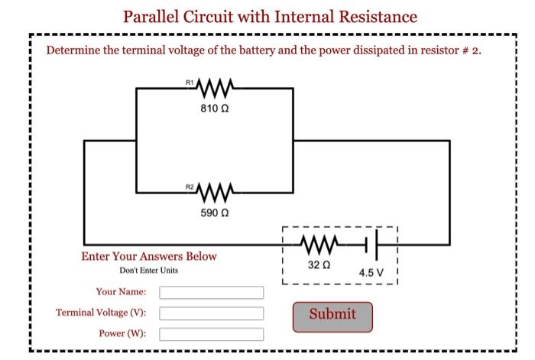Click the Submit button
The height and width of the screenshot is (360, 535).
pos(332,315)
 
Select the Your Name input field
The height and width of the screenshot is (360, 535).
pos(211,293)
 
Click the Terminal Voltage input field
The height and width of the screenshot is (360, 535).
pos(211,313)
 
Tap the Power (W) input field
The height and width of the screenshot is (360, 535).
pos(211,334)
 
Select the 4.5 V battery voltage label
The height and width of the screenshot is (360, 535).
pos(371,272)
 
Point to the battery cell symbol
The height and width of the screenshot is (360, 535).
pos(372,245)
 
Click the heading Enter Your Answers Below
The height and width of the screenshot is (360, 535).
pos(149,257)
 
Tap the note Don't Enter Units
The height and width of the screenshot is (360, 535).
pos(149,271)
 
